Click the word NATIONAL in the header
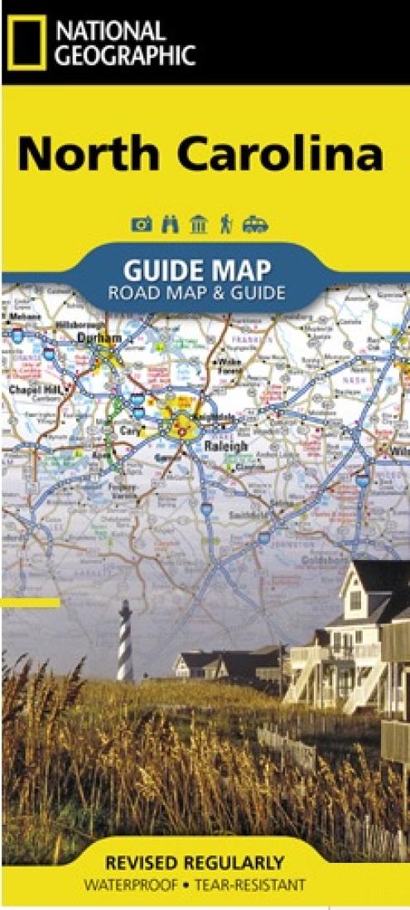point(111,31)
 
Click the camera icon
point(142,224)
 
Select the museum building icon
point(198,224)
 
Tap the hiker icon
point(225,224)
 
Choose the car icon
point(254,224)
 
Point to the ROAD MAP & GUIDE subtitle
point(196,292)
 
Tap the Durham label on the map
point(99,338)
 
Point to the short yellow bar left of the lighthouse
point(31,602)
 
